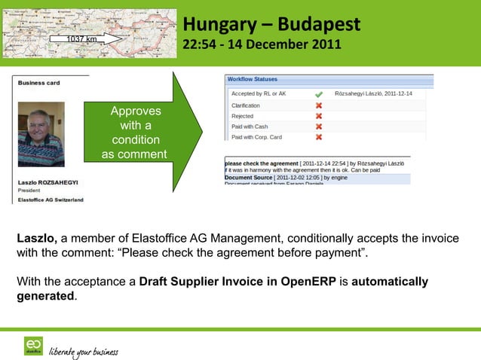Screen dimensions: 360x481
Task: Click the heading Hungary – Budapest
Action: coord(271,25)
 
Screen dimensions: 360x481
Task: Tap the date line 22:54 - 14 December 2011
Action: coord(262,47)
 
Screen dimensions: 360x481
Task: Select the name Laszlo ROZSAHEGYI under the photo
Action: coord(48,182)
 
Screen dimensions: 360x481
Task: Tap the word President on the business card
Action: coord(29,191)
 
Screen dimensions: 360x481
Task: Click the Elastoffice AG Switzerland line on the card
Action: coord(51,200)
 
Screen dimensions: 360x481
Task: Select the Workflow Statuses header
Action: coord(252,79)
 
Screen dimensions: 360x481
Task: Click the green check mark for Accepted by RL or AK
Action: coord(319,94)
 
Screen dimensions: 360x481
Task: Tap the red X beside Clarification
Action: coord(319,105)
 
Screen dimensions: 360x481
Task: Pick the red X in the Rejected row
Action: coord(319,116)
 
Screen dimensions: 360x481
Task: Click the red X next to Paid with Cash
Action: coord(319,127)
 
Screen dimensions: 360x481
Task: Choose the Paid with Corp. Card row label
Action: coord(257,137)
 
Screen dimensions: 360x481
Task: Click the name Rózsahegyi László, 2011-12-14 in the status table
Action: coord(378,94)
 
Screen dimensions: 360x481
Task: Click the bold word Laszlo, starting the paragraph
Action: coord(37,239)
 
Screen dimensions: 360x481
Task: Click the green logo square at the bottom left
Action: coord(33,346)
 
